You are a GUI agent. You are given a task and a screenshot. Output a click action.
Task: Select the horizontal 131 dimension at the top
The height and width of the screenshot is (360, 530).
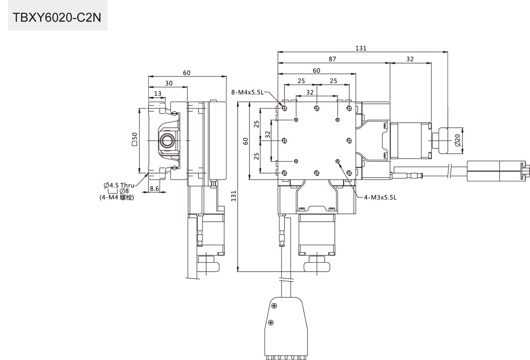(361, 48)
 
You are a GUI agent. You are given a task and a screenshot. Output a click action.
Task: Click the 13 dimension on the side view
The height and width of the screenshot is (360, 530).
(158, 93)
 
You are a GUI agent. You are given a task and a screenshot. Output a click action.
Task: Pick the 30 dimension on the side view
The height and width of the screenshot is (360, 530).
(169, 83)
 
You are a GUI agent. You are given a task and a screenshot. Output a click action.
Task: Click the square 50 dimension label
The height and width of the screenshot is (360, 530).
(134, 139)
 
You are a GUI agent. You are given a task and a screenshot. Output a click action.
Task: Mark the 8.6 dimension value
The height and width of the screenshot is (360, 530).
(155, 189)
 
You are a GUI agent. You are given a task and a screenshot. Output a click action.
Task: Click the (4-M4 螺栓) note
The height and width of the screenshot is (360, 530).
(117, 198)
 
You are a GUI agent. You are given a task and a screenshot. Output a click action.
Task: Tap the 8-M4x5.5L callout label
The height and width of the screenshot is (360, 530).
(247, 92)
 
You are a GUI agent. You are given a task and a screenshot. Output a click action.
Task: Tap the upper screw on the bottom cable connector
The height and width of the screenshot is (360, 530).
(274, 306)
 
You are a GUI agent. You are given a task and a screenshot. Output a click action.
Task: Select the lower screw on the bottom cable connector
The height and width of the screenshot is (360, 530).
(271, 322)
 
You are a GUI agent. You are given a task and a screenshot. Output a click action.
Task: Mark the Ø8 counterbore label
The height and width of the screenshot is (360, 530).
(124, 191)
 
